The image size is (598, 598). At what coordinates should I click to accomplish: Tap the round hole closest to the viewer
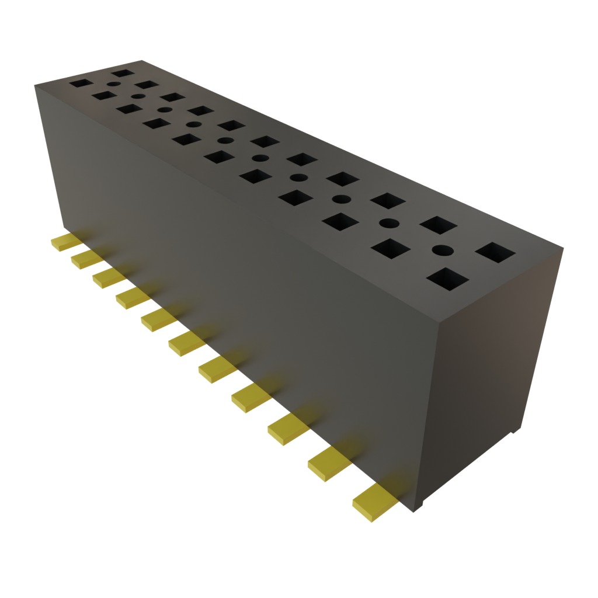tap(442, 251)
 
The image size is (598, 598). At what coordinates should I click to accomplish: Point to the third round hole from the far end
tap(165, 109)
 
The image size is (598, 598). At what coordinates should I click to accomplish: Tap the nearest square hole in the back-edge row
tap(495, 253)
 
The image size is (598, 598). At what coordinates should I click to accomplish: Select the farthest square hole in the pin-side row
tap(81, 83)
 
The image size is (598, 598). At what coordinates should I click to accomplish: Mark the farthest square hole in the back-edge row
tap(123, 73)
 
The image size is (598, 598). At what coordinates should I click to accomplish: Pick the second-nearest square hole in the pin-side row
tap(390, 248)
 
